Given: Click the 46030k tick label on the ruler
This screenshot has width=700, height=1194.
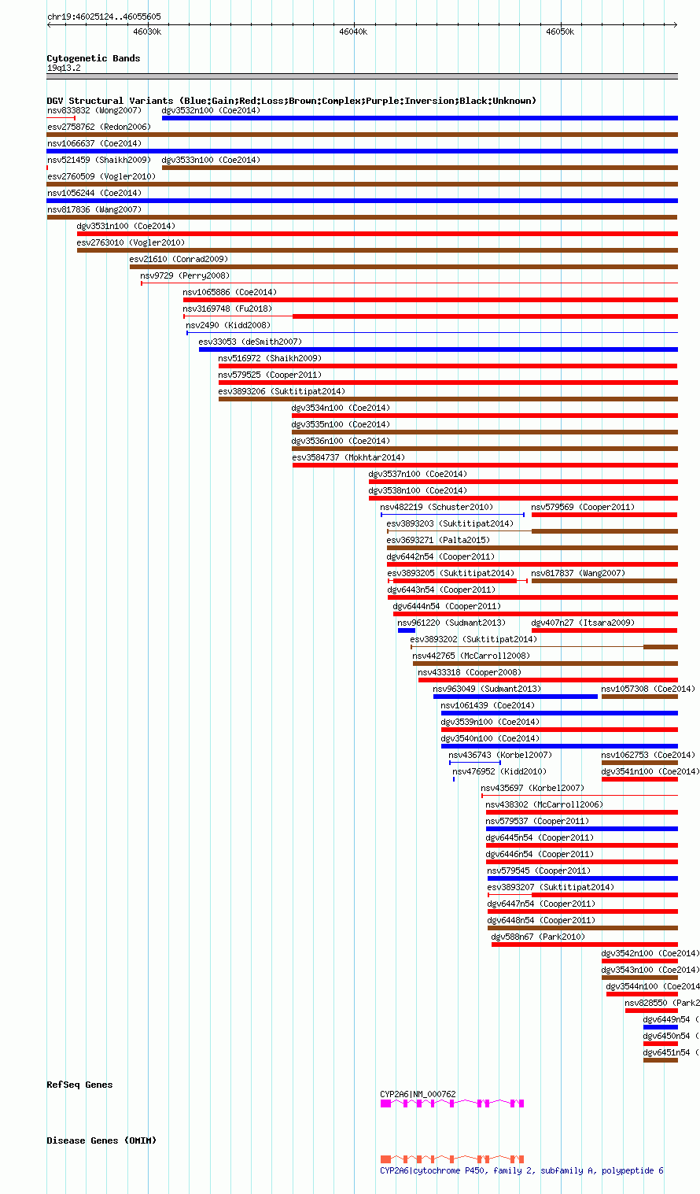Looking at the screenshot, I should (146, 31).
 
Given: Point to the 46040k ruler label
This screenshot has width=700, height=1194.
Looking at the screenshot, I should (353, 31).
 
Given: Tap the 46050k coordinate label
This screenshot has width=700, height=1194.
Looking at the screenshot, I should (560, 31).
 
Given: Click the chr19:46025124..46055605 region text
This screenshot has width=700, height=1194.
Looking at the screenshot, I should (104, 17).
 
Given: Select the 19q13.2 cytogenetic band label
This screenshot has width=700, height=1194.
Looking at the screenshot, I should (64, 68).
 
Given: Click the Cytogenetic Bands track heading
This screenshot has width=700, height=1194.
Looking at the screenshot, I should (93, 58).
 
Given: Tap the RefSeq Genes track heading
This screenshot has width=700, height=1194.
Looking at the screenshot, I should (79, 1085).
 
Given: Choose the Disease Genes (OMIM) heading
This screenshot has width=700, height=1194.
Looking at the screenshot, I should (101, 1140).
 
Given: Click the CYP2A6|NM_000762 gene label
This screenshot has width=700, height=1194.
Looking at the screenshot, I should (418, 1094).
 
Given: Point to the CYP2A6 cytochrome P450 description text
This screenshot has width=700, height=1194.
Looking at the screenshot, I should (521, 1170).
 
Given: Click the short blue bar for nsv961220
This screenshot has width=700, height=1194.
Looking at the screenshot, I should (406, 630).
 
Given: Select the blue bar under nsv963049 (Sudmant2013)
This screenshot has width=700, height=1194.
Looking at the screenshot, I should (515, 697).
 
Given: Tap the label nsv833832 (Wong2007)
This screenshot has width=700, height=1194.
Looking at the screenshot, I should (94, 110).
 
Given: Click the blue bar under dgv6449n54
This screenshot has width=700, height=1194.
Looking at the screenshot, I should (660, 1027).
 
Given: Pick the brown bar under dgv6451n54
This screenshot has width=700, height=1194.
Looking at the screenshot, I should (660, 1060).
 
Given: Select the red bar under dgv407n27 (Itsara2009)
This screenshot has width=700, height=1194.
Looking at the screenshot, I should (604, 630).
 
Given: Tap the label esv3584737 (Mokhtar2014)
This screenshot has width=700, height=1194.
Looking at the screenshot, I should (348, 457).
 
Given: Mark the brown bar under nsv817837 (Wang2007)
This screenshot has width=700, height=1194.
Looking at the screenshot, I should (604, 581).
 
